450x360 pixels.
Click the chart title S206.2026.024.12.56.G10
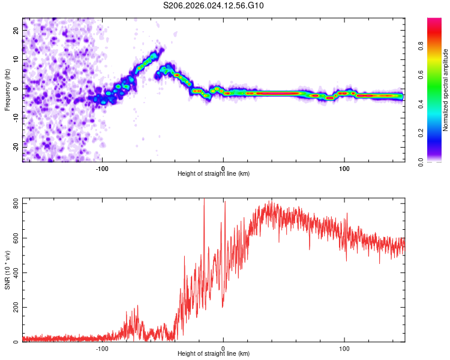coord(214,5)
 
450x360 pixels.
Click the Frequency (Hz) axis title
coord(7,90)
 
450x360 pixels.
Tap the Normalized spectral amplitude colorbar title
coord(446,90)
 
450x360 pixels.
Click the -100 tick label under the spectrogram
coord(102,167)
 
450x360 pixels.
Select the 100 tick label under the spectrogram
coord(344,167)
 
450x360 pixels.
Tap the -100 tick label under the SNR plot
coord(102,347)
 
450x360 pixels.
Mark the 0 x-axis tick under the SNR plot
coord(223,347)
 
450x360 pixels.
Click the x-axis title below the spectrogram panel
coord(214,173)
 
